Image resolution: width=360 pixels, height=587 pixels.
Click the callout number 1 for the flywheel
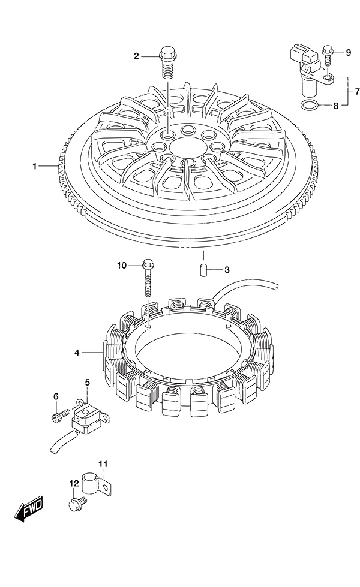(35, 166)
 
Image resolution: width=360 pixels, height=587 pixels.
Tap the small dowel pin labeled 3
(204, 270)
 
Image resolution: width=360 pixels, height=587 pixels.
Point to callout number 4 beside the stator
(77, 353)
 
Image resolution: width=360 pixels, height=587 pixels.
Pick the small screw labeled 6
(61, 414)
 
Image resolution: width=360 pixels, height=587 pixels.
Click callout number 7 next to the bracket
(357, 91)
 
